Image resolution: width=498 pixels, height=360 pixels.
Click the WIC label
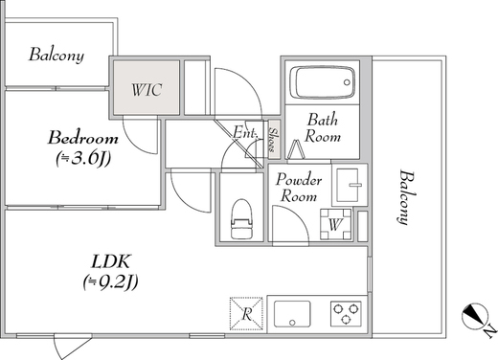147,90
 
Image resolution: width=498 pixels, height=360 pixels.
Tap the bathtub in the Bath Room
323,82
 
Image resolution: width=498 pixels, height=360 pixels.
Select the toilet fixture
241,219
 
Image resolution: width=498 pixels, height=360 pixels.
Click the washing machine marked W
336,224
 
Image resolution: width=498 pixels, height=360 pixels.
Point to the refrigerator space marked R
246,313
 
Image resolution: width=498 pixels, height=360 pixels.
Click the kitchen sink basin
292,314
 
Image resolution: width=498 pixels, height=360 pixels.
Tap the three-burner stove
346,313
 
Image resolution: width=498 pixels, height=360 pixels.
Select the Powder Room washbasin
351,185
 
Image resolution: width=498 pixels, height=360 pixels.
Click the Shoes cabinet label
273,140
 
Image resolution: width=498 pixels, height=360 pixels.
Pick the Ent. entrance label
244,132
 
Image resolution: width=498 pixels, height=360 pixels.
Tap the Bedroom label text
83,138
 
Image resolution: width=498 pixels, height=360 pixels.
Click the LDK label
111,261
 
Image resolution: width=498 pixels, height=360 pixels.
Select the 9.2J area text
110,282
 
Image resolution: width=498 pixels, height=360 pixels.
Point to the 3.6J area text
83,159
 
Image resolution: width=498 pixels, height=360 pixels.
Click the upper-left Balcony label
57,55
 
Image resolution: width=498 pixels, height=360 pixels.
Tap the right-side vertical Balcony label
406,198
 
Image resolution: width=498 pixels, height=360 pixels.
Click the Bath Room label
323,128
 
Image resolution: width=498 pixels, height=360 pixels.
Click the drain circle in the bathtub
347,82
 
